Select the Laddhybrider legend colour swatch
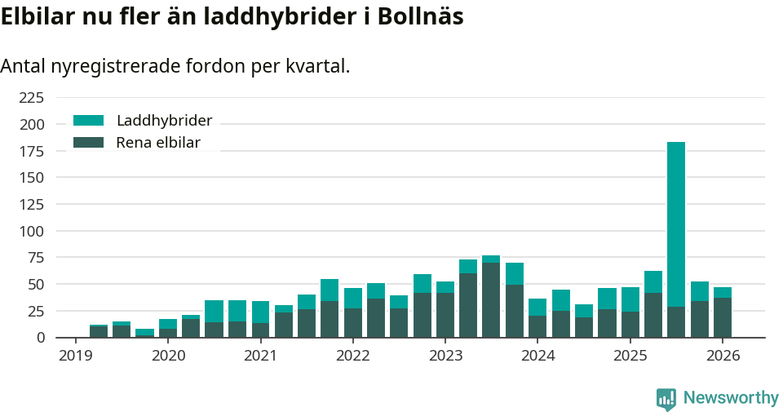pyautogui.click(x=89, y=121)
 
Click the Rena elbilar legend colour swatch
pyautogui.click(x=89, y=143)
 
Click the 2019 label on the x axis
pyautogui.click(x=76, y=356)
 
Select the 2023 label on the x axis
pyautogui.click(x=445, y=356)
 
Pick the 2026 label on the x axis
pyautogui.click(x=723, y=356)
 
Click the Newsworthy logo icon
pyautogui.click(x=666, y=398)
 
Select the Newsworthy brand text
pyautogui.click(x=731, y=398)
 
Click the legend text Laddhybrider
pyautogui.click(x=164, y=121)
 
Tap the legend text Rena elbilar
pyautogui.click(x=157, y=143)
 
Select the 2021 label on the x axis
pyautogui.click(x=261, y=356)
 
